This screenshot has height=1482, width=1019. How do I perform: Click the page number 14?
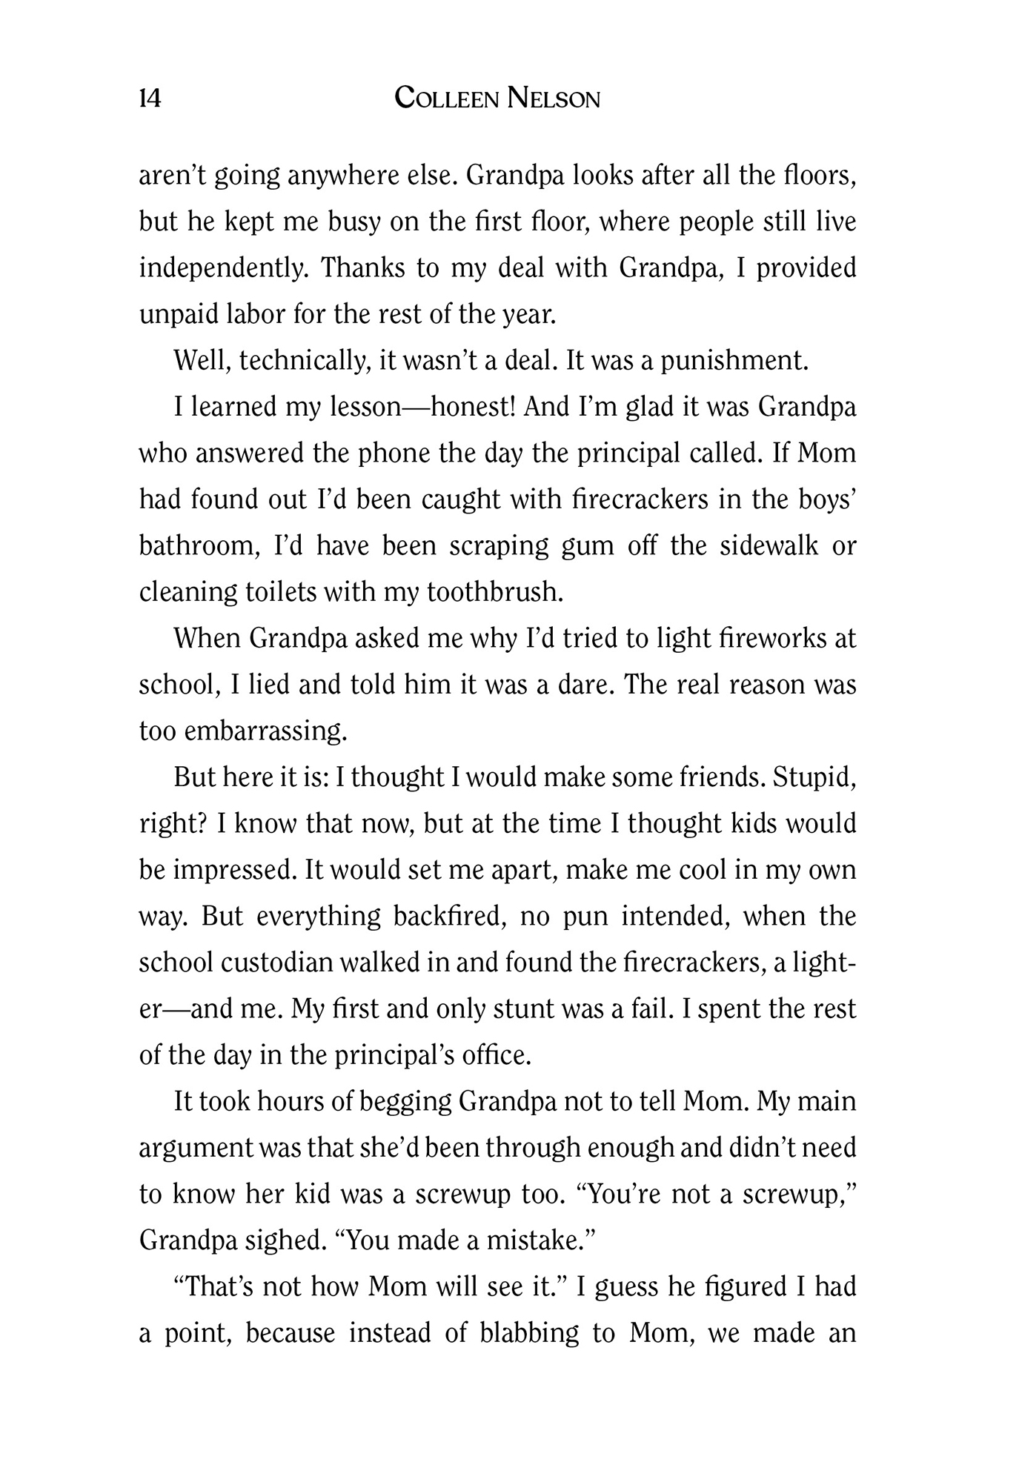point(150,98)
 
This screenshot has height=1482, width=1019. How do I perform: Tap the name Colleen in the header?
point(447,98)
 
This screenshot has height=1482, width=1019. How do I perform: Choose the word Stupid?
point(814,777)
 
